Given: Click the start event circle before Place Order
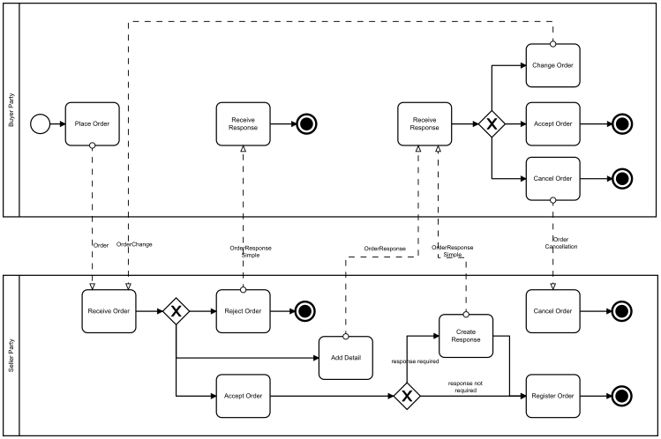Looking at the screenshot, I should point(40,123).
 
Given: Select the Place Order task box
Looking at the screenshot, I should point(92,123).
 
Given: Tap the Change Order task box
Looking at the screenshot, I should point(552,66).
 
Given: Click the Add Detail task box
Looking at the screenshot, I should point(345,357).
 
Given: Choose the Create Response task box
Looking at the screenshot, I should point(466,335).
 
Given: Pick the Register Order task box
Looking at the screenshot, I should point(552,396).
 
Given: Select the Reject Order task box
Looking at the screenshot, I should point(243,310).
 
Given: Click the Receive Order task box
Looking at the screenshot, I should point(109,310).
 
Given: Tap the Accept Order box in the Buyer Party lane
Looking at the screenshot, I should point(552,123).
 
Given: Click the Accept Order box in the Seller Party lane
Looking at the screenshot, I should point(243,396).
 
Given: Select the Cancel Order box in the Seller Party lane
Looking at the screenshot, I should point(552,310).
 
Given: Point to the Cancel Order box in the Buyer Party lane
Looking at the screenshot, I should point(552,178).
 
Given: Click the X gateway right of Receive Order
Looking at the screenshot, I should point(177,310).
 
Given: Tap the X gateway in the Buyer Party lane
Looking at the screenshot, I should point(492,123).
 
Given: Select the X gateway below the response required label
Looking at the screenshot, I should point(407,396).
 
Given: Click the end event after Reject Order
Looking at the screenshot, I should point(305,310).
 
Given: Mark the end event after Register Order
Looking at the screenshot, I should point(621,396).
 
